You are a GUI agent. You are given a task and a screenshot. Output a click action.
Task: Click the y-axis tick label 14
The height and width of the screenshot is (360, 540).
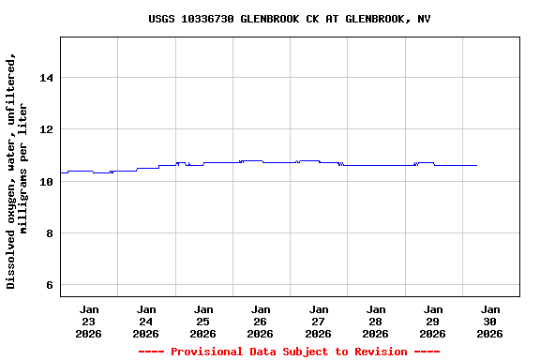pos(45,78)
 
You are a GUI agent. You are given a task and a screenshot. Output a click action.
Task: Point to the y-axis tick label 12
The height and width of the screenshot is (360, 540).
pos(45,129)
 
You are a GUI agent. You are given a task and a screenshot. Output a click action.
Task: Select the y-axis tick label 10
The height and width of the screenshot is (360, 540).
pos(45,181)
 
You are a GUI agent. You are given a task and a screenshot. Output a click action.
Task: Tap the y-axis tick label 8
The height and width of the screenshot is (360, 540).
pos(49,233)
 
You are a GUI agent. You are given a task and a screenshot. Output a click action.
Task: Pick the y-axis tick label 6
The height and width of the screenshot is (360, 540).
pos(49,285)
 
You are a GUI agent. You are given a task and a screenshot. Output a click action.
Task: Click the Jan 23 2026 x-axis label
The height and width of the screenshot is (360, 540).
pos(89,321)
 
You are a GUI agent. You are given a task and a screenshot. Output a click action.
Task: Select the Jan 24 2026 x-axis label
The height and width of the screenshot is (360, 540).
pos(146,321)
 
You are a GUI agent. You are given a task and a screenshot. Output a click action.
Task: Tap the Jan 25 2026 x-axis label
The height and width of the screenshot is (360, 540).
pos(203,321)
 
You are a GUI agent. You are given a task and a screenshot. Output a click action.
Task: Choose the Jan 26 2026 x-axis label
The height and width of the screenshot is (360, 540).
pos(261,321)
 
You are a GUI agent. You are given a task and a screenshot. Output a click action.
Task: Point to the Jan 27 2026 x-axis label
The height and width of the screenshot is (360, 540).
pos(319,321)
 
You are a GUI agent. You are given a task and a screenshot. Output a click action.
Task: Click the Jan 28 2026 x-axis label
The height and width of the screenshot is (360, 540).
pos(376,321)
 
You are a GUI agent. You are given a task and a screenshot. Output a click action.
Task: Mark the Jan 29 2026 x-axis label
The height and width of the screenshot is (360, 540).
pos(433,321)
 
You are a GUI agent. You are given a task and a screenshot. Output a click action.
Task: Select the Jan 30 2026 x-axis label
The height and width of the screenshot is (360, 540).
pos(490,321)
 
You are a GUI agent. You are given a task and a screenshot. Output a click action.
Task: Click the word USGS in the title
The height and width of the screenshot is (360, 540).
pos(162,19)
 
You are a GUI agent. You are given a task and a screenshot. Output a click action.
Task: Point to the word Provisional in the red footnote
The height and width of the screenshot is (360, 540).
pos(205,352)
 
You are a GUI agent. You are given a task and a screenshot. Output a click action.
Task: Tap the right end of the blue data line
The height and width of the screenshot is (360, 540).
pos(476,165)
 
